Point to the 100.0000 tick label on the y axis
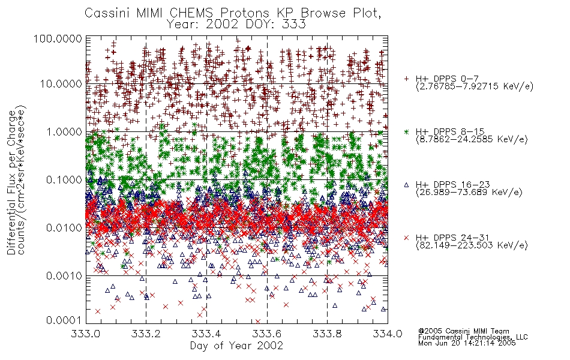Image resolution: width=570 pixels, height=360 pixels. point(58,38)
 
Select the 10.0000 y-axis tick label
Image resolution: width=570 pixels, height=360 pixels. point(61,84)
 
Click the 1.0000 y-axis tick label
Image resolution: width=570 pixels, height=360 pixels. point(64,131)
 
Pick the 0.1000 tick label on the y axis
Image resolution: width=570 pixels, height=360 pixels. point(64,179)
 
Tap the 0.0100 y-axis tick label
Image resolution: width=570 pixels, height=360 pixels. point(64,228)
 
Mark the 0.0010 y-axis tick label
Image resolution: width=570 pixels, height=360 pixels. point(64,276)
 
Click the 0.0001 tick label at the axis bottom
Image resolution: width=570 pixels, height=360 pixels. point(64,320)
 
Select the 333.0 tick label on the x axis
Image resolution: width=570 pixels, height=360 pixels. point(86,334)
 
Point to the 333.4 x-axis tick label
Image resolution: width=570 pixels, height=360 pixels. point(206,334)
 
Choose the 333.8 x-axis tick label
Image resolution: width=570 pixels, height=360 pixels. point(327,334)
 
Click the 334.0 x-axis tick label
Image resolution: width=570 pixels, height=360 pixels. point(388,334)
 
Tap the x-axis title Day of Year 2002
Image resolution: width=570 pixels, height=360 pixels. point(236,346)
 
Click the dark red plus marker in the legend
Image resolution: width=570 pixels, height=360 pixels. point(406,79)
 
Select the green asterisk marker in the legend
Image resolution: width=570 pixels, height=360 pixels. point(406,131)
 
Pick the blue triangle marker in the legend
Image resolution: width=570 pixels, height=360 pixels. point(406,185)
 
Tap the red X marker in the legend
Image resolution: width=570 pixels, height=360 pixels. point(406,238)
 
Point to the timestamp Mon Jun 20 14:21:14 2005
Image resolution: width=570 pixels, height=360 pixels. point(467,343)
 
